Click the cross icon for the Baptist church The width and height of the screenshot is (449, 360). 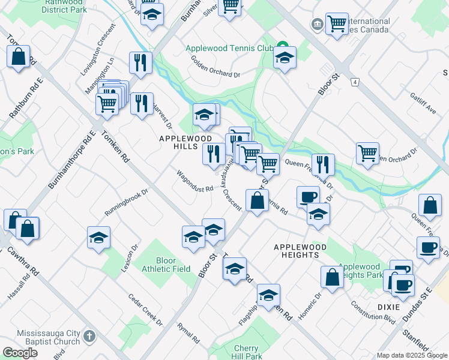(89, 336)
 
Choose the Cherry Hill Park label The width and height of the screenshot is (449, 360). (246, 352)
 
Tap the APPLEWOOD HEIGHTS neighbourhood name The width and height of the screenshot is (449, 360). (300, 251)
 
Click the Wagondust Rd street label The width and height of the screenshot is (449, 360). (195, 181)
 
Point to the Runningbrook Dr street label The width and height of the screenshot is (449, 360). (126, 203)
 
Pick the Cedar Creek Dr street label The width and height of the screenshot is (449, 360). (145, 310)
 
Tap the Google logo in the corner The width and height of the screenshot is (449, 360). (20, 353)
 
